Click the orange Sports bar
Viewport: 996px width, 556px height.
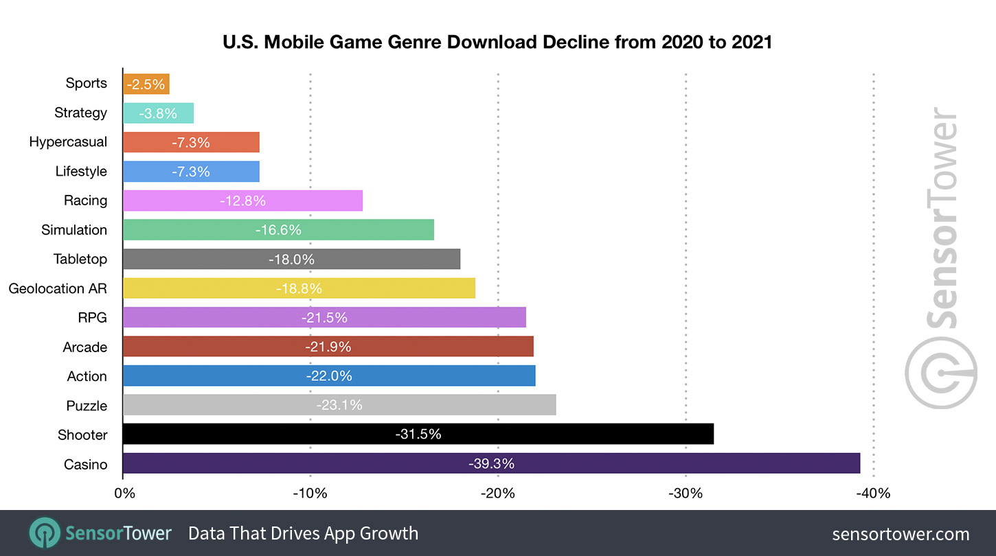coord(146,84)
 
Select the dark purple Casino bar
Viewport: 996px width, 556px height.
coord(491,463)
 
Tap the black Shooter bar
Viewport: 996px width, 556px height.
coord(418,434)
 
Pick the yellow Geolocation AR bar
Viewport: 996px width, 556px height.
coord(299,288)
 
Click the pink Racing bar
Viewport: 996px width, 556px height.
coord(242,200)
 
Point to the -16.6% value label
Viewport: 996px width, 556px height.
coord(278,230)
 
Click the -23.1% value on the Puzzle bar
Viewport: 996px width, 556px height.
coord(339,405)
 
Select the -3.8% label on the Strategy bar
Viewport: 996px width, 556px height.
coord(158,113)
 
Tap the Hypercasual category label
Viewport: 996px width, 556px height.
coord(68,142)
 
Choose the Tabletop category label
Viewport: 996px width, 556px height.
coord(80,259)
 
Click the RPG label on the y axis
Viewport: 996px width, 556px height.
coord(93,318)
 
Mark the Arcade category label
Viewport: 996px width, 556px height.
coord(85,347)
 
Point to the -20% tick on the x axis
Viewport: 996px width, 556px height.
coord(498,493)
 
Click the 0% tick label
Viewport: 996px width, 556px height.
coord(125,493)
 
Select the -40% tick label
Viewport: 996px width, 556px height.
coord(873,493)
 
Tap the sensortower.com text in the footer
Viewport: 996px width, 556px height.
coord(901,534)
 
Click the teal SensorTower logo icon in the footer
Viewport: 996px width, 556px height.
coord(43,533)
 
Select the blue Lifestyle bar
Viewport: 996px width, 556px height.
coord(191,172)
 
